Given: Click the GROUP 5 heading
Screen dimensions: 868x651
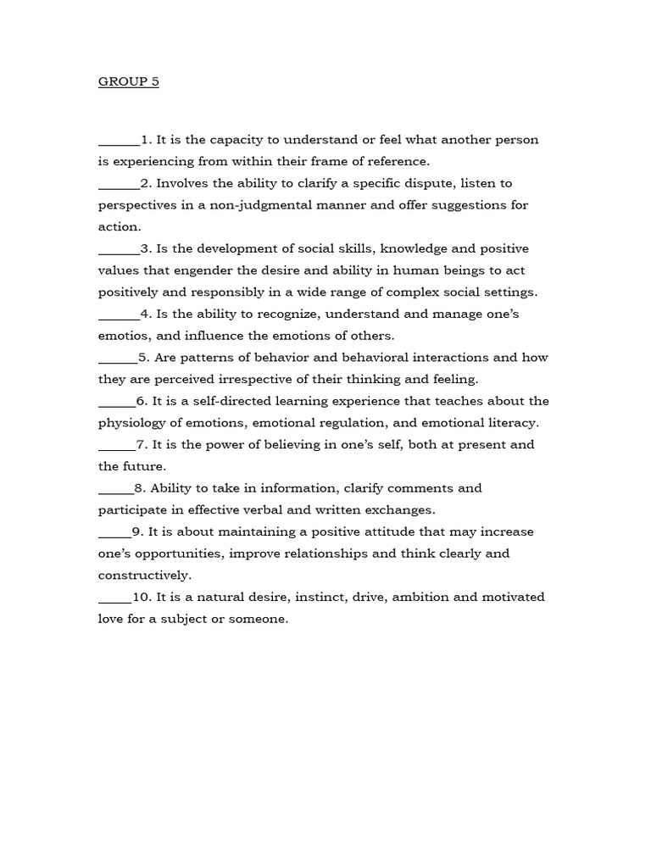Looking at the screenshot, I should click(x=128, y=82).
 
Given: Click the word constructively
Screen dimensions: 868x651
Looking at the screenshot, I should click(x=144, y=576).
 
